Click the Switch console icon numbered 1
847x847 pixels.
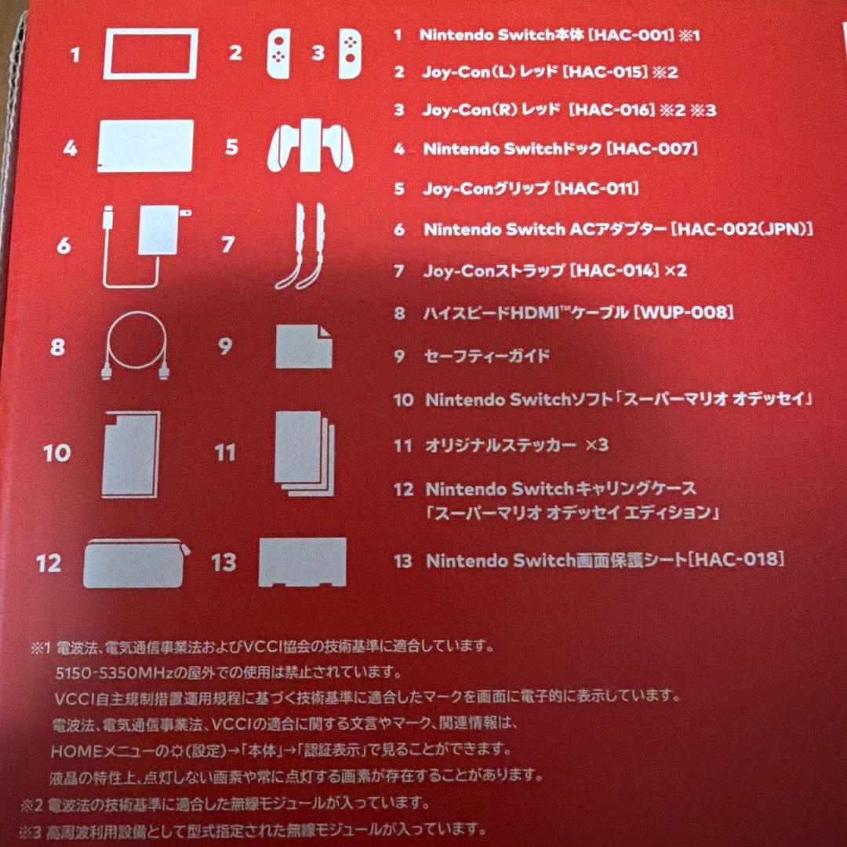point(150,55)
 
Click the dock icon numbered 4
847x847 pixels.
point(145,146)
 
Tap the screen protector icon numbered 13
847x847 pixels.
point(302,562)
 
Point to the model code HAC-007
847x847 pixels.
point(652,147)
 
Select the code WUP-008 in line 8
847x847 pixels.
point(686,313)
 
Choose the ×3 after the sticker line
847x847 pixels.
point(597,445)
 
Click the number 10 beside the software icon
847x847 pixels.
point(56,453)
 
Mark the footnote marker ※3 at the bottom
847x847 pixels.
point(32,829)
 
